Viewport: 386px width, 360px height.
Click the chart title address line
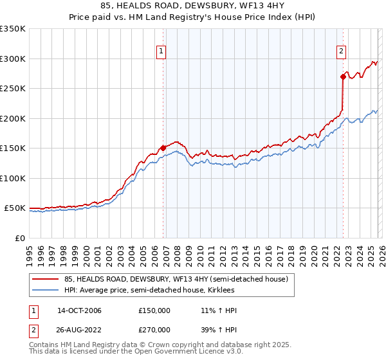click(x=193, y=7)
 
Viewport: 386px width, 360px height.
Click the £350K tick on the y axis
click(x=13, y=29)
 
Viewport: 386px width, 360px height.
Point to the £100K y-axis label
click(x=13, y=178)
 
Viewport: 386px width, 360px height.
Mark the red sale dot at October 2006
click(x=163, y=148)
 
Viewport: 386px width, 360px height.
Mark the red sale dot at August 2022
click(x=343, y=77)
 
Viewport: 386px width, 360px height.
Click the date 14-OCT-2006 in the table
click(x=79, y=310)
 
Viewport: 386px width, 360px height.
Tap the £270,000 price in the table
click(x=154, y=330)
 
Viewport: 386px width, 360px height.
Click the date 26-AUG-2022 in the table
click(x=79, y=330)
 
